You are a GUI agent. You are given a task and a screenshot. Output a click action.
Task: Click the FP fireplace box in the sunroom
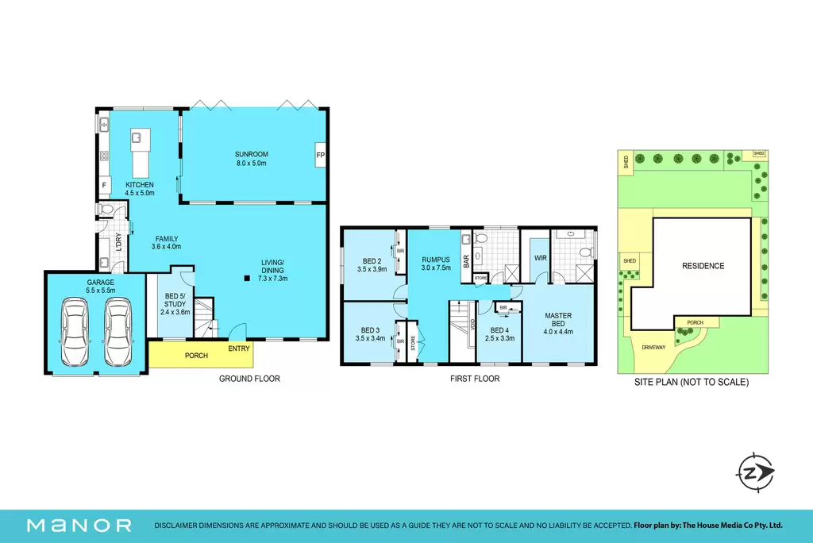point(321,155)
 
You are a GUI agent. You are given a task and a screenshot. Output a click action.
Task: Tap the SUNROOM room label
point(252,154)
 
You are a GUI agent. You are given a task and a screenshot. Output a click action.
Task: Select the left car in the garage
point(75,331)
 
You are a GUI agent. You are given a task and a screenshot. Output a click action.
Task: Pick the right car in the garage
point(118,331)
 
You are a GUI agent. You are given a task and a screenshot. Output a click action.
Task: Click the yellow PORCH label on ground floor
point(197,356)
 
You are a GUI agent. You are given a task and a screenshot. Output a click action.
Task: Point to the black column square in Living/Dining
point(248,279)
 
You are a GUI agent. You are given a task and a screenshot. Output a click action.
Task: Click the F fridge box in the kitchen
point(104,185)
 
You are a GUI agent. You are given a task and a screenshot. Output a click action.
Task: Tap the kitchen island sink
point(137,137)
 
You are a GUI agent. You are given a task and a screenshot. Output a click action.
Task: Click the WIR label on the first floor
point(540,258)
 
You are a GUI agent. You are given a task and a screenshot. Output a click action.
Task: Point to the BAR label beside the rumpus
point(466,261)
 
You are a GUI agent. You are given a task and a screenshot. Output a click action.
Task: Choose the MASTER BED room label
point(558,319)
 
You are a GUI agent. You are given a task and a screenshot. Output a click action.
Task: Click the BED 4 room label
point(500,330)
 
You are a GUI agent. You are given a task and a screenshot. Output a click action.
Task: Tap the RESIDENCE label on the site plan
point(703,266)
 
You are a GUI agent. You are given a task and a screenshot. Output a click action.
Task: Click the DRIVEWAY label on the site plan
point(653,348)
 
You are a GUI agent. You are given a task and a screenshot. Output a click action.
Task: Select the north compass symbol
point(754,472)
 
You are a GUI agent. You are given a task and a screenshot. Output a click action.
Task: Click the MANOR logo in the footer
point(79,526)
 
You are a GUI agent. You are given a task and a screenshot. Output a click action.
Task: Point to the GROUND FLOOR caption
point(249,379)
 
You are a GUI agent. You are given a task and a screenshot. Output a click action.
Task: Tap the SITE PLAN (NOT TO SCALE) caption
point(692,382)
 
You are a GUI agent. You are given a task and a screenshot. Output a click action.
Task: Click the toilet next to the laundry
point(106,209)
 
